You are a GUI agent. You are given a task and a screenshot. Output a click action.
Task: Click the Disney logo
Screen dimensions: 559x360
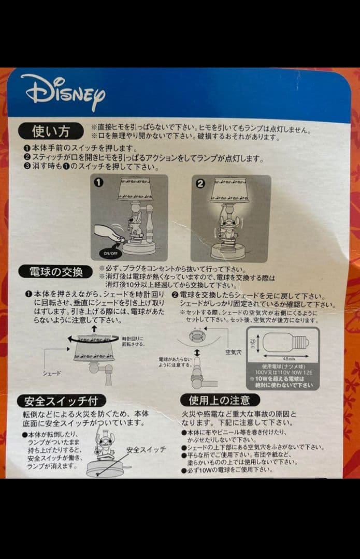[x=63, y=92]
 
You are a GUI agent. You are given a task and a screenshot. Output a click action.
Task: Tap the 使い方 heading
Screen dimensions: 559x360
[x=50, y=131]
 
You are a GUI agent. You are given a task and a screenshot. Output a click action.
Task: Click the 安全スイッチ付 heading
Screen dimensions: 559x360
[x=61, y=400]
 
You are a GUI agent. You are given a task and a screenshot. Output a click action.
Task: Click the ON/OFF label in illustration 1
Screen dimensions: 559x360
[x=109, y=254]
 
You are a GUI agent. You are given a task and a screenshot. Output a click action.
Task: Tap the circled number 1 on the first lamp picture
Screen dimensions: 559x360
[x=99, y=183]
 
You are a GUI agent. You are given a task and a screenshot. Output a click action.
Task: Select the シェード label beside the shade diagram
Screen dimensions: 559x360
[x=52, y=373]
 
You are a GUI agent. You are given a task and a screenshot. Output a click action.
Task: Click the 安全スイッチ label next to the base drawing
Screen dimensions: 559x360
[x=146, y=449]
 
